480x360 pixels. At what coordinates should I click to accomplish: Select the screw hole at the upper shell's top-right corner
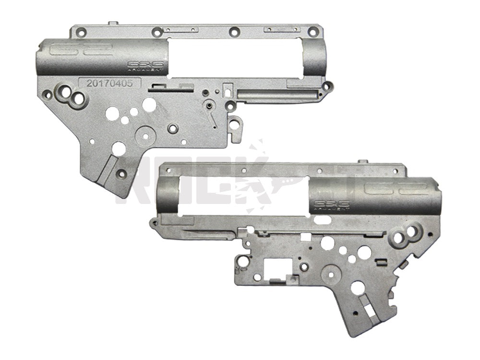(x=312, y=33)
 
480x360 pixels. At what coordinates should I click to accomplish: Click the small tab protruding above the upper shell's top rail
(x=113, y=22)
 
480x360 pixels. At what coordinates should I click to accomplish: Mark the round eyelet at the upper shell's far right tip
(x=328, y=86)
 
